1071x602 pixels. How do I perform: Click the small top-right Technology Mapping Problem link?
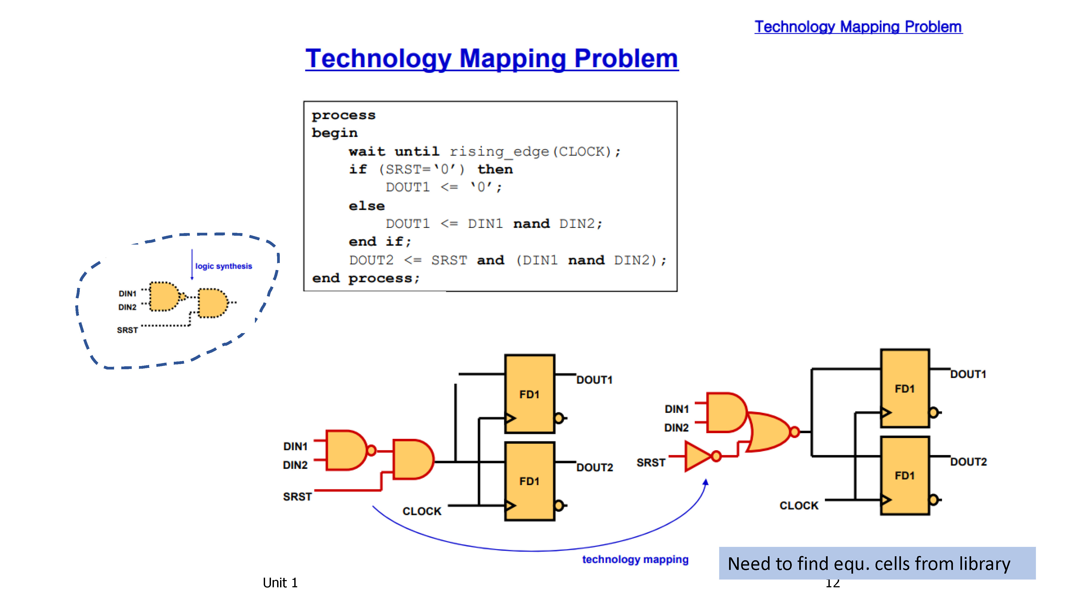coord(858,27)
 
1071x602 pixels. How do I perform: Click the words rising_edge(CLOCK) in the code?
coord(530,152)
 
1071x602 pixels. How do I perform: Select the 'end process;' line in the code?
coord(366,278)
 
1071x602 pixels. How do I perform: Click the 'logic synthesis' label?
coord(224,266)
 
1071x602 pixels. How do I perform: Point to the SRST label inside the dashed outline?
coord(127,330)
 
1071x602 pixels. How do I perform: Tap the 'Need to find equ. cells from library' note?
coord(869,564)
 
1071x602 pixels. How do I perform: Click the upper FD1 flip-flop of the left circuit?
coord(530,394)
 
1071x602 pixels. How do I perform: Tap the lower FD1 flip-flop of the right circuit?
coord(905,476)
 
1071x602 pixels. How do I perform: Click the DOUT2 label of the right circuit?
coord(968,462)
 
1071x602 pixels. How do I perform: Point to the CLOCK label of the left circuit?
coord(422,511)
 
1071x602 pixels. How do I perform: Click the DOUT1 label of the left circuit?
coord(594,380)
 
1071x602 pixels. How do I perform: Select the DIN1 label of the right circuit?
coord(676,409)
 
